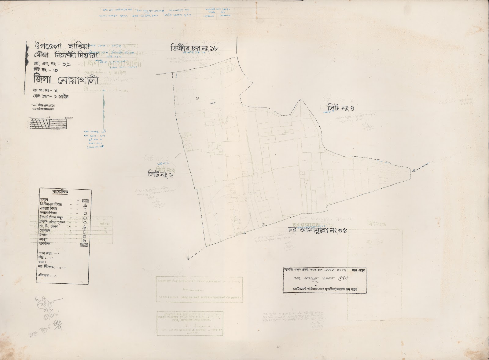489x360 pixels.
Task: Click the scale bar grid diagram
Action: pyautogui.click(x=49, y=123)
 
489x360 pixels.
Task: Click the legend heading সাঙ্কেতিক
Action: pyautogui.click(x=61, y=192)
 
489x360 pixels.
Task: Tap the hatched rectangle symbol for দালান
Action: pyautogui.click(x=85, y=201)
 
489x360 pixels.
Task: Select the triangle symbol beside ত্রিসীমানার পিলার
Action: pyautogui.click(x=85, y=205)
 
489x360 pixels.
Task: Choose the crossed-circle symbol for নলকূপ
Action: pyautogui.click(x=84, y=241)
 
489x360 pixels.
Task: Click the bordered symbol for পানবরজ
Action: pyautogui.click(x=84, y=245)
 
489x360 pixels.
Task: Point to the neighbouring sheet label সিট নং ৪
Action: pyautogui.click(x=340, y=108)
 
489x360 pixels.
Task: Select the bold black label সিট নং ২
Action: pyautogui.click(x=160, y=175)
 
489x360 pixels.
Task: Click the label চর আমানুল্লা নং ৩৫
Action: pyautogui.click(x=318, y=230)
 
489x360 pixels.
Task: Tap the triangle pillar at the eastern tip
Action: pyautogui.click(x=414, y=170)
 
